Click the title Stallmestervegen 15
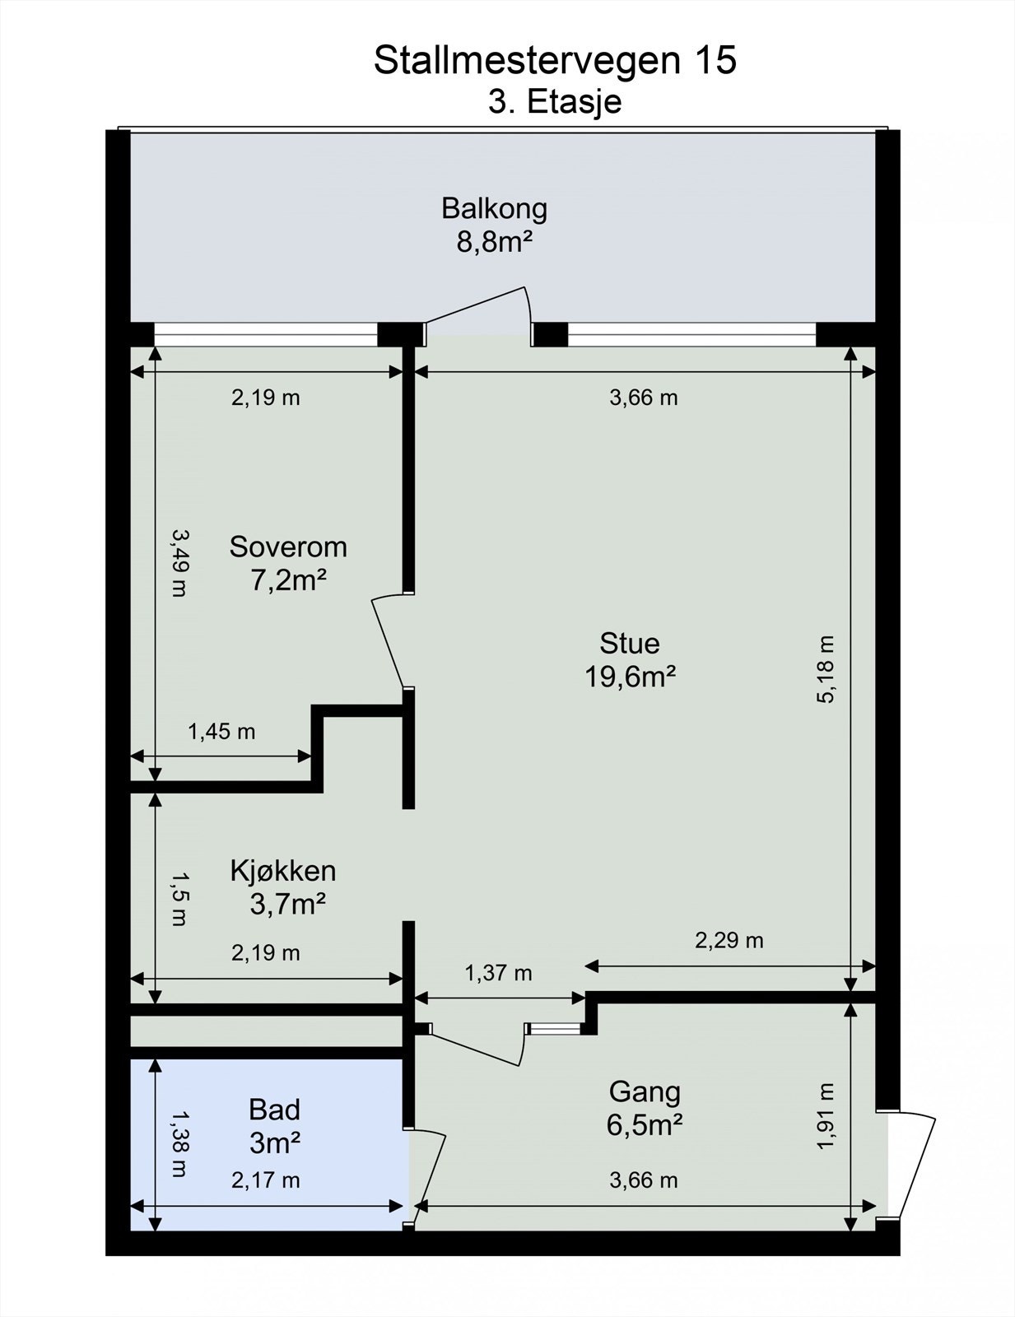click(x=555, y=61)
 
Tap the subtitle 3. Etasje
click(x=555, y=102)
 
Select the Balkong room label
click(x=494, y=208)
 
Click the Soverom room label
click(x=288, y=547)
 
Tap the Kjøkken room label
click(x=283, y=871)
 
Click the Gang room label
click(x=645, y=1093)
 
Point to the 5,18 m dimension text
click(x=826, y=669)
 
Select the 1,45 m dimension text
click(x=221, y=732)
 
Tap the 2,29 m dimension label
click(x=729, y=940)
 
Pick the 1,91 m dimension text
click(x=826, y=1115)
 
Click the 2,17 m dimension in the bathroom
click(x=265, y=1180)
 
